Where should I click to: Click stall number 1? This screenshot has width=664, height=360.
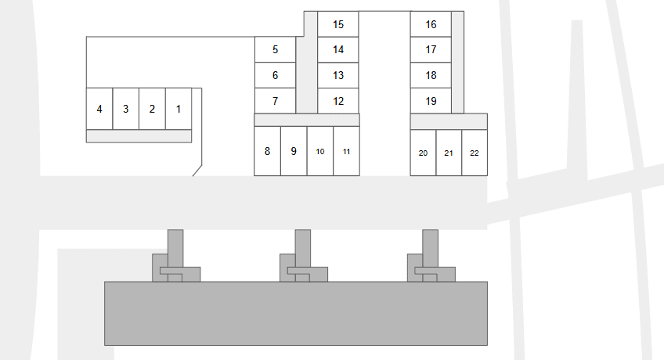(x=179, y=109)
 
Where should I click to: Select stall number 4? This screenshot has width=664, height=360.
(x=99, y=109)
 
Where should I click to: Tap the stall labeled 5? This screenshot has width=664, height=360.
(x=275, y=49)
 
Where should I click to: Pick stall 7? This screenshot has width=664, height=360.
(x=275, y=101)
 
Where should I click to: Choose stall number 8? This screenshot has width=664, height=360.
(x=267, y=151)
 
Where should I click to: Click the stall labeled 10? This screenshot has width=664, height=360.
(x=320, y=151)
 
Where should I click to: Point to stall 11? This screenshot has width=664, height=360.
(x=346, y=151)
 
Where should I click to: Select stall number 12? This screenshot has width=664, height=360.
(x=338, y=101)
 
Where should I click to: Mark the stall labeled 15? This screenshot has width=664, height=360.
(x=338, y=24)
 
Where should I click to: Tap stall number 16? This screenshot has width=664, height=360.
(x=431, y=24)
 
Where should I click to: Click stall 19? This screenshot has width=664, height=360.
(x=431, y=101)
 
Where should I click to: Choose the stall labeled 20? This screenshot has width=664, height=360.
(x=423, y=153)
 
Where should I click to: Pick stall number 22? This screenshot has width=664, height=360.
(x=475, y=153)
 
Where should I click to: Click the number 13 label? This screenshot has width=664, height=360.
(x=338, y=76)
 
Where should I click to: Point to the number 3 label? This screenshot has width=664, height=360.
(x=125, y=109)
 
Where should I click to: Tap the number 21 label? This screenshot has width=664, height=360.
(x=449, y=153)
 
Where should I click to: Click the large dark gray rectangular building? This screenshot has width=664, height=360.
(x=296, y=313)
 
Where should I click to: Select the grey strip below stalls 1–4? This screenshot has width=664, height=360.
(x=139, y=136)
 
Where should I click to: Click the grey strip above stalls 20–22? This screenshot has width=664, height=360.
(x=449, y=121)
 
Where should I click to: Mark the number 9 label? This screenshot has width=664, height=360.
(x=294, y=151)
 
